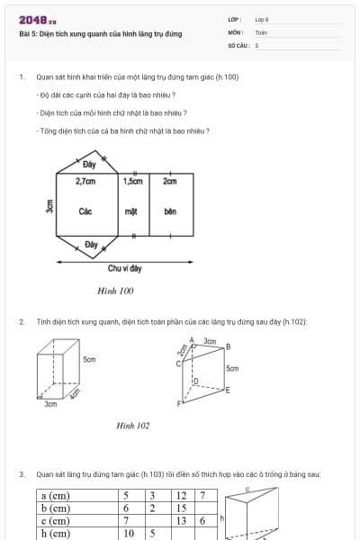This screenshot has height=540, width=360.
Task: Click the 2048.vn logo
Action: click(x=37, y=19)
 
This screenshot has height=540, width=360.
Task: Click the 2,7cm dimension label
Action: click(x=85, y=181)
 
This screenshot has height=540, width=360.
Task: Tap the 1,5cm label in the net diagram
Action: click(x=132, y=181)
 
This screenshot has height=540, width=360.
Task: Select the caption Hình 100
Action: click(x=115, y=291)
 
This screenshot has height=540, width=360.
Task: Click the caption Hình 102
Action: click(x=132, y=425)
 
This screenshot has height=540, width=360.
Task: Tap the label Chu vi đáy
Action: click(x=124, y=268)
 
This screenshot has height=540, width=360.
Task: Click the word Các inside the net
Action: click(x=85, y=211)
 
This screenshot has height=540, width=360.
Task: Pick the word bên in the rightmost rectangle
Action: click(x=170, y=211)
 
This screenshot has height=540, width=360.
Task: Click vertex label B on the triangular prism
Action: click(x=228, y=346)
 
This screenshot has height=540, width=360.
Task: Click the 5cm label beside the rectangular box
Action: click(x=89, y=359)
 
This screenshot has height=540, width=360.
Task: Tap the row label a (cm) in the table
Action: click(x=56, y=495)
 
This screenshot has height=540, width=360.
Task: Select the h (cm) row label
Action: click(x=56, y=533)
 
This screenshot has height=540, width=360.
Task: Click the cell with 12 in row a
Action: click(x=182, y=495)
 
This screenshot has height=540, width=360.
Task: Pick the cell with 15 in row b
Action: click(x=182, y=508)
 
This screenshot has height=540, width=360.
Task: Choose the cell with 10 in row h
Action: click(x=129, y=533)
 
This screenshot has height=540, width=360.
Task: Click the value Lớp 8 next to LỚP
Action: click(x=261, y=19)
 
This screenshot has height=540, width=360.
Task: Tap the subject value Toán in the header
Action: click(x=261, y=31)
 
